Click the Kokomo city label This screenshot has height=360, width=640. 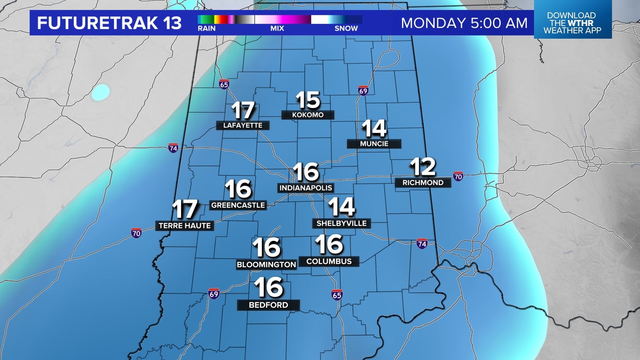(308, 115)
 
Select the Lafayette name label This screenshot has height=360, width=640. (243, 126)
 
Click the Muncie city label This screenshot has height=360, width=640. (374, 144)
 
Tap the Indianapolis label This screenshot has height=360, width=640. (306, 188)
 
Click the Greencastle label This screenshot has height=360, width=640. (238, 205)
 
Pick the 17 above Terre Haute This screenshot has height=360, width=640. (185, 209)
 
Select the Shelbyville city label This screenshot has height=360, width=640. (341, 223)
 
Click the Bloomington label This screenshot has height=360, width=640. (266, 265)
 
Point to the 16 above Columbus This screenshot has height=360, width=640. (329, 244)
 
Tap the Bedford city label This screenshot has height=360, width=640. (268, 305)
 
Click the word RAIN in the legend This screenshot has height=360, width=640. (207, 29)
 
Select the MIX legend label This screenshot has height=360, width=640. (277, 29)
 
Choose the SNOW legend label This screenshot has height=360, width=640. (346, 29)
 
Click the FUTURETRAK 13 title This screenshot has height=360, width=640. (109, 23)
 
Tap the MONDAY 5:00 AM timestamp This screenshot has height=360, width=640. (464, 23)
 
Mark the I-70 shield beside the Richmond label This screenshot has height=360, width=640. (458, 176)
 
